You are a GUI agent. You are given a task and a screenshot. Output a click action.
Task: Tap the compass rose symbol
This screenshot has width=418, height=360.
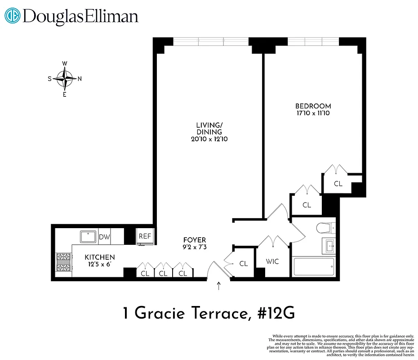pyautogui.click(x=65, y=79)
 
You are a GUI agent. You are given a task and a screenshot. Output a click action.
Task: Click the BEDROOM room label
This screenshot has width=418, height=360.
pyautogui.click(x=310, y=106)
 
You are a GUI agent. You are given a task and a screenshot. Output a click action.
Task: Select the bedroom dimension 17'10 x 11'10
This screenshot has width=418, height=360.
pyautogui.click(x=310, y=113)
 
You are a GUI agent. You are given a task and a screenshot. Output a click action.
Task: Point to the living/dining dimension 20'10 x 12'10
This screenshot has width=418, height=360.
pyautogui.click(x=209, y=139)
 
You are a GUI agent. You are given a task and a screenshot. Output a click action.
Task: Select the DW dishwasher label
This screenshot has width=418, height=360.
pyautogui.click(x=104, y=237)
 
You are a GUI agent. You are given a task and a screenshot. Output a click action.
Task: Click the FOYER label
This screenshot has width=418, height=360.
pyautogui.click(x=194, y=240)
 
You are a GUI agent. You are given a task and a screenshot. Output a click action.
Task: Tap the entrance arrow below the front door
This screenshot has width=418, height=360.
pyautogui.click(x=219, y=286)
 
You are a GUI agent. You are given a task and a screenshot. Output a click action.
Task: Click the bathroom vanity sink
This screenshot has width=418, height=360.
pyautogui.click(x=329, y=245)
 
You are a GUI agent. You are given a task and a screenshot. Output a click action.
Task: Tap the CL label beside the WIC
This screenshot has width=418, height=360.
pyautogui.click(x=244, y=264)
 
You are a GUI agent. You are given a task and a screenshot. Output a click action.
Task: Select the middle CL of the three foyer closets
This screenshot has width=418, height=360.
pyautogui.click(x=163, y=273)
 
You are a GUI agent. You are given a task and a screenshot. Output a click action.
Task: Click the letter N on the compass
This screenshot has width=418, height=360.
pyautogui.click(x=80, y=79)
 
